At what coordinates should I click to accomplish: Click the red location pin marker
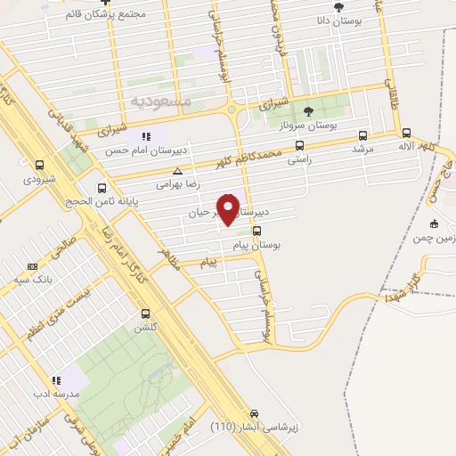(x=228, y=210)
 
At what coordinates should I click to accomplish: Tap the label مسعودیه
(x=162, y=101)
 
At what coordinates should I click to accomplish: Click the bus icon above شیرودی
(x=39, y=164)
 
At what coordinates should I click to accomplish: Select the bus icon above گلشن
(x=145, y=313)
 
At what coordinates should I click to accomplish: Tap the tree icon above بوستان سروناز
(x=308, y=111)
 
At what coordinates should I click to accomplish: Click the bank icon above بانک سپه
(x=33, y=266)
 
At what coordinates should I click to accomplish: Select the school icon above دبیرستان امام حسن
(x=146, y=136)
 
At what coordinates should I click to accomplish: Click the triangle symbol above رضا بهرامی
(x=178, y=170)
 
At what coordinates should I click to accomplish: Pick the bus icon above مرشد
(x=362, y=135)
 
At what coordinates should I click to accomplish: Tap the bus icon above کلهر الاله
(x=405, y=130)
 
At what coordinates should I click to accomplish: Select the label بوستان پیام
(x=278, y=243)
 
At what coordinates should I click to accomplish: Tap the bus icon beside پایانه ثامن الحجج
(x=102, y=188)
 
